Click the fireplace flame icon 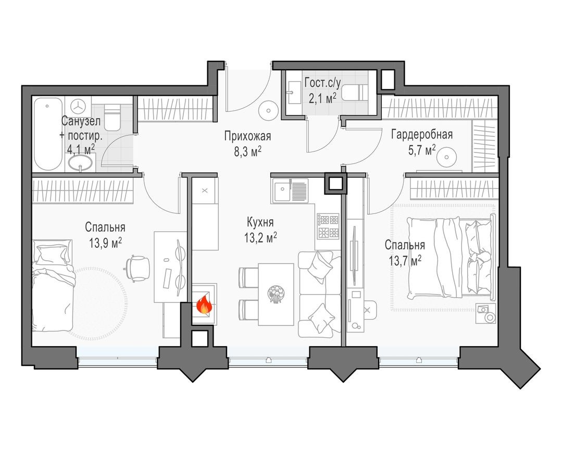click(x=204, y=304)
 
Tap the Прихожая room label click(x=248, y=137)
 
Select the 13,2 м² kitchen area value click(x=261, y=238)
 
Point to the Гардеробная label click(x=422, y=134)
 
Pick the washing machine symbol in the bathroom click(x=79, y=106)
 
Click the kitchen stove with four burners click(x=329, y=226)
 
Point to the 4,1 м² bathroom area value click(x=81, y=150)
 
